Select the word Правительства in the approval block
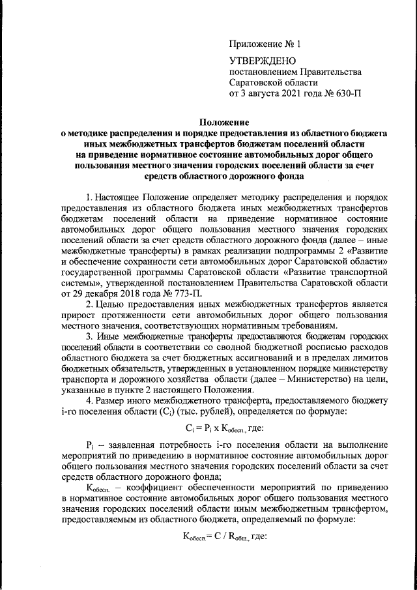(331, 72)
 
